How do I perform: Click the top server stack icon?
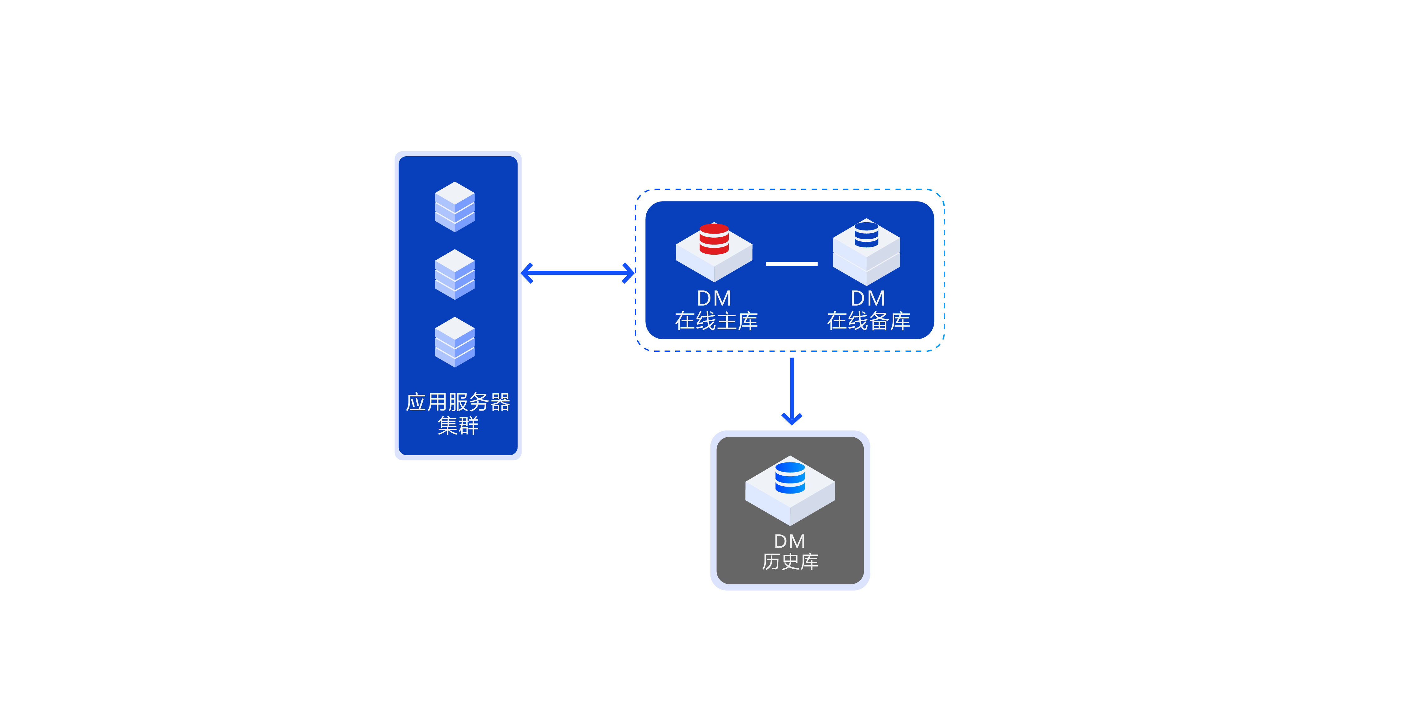[454, 207]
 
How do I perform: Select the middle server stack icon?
[454, 275]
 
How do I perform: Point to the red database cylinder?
[714, 239]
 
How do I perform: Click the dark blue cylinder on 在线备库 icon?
[866, 234]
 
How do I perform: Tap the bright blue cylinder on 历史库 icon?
[790, 478]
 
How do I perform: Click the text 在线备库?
[869, 321]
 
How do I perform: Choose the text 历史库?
[790, 561]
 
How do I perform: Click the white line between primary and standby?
[792, 264]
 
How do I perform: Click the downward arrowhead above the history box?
[792, 419]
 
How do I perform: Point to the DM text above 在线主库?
[714, 298]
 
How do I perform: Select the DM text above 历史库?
[790, 541]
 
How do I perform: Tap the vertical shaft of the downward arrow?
[792, 384]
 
